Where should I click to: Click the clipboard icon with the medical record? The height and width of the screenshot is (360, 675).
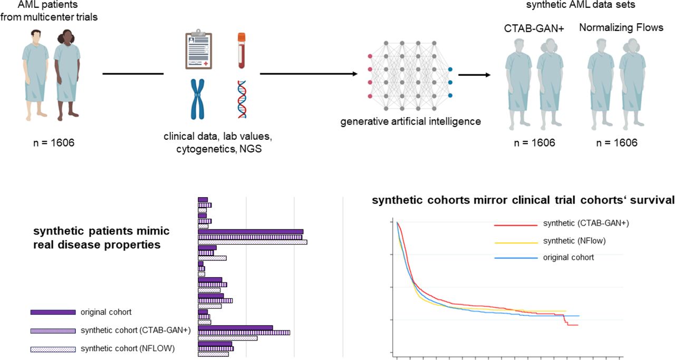point(199,50)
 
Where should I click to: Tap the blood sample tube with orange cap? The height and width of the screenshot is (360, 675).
point(242,51)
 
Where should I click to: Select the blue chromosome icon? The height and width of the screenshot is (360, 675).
point(198,99)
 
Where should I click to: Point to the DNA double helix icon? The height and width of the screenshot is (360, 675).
point(242,99)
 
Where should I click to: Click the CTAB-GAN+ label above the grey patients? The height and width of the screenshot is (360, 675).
point(534,28)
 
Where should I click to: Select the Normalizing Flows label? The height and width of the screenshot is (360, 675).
point(621,27)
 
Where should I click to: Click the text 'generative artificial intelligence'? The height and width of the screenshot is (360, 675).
point(410,121)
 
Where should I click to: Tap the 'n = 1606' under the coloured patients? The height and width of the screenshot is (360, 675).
point(54,142)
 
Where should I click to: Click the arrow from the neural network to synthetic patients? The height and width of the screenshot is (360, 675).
point(474,75)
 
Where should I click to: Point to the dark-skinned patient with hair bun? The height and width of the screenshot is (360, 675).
point(67,75)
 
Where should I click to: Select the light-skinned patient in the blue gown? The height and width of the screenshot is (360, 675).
point(35,75)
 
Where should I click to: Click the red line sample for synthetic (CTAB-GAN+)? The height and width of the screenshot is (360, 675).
point(516,225)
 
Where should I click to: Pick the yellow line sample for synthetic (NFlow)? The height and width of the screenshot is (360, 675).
point(516,242)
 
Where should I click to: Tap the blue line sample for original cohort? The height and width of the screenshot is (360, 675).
point(516,258)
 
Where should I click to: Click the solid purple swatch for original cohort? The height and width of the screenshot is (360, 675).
point(53,313)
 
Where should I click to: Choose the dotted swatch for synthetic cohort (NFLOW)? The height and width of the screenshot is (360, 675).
point(53,349)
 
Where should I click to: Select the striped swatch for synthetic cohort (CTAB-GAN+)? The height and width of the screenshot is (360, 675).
point(53,331)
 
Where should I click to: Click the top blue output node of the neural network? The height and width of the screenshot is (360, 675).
point(450,69)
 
